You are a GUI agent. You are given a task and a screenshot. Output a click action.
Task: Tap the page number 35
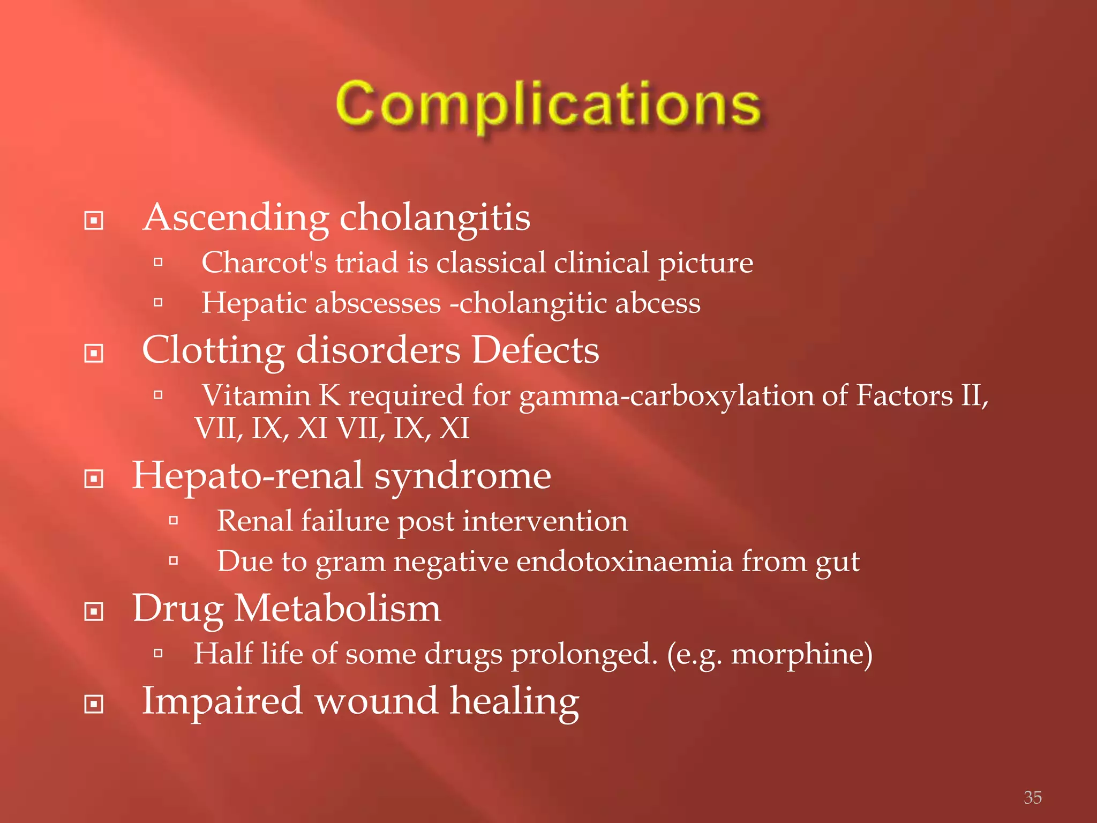pyautogui.click(x=1032, y=797)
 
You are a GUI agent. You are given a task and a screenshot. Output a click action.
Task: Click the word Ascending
pyautogui.click(x=236, y=218)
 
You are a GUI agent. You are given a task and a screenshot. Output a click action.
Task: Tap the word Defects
pyautogui.click(x=535, y=350)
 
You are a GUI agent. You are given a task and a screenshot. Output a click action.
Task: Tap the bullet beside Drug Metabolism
pyautogui.click(x=94, y=611)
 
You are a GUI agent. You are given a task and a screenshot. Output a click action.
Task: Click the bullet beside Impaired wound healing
pyautogui.click(x=94, y=704)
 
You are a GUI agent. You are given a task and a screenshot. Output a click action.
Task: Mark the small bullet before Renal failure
pyautogui.click(x=173, y=520)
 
